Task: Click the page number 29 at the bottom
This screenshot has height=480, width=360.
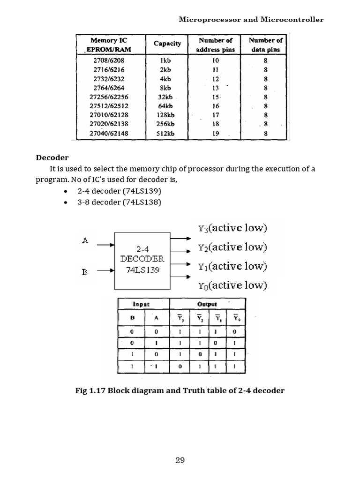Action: [180, 460]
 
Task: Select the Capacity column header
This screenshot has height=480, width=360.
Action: [167, 44]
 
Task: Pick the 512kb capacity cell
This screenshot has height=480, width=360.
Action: [165, 133]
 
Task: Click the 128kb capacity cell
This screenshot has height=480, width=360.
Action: [165, 115]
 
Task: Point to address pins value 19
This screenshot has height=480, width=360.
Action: [216, 133]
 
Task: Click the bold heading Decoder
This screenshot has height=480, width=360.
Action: [53, 157]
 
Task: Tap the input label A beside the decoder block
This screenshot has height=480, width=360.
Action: [85, 241]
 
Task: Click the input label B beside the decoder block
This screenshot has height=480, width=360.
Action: [85, 271]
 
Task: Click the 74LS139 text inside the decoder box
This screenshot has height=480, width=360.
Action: [142, 270]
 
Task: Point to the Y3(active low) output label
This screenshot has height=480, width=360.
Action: [232, 228]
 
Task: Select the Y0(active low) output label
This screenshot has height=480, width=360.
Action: [232, 285]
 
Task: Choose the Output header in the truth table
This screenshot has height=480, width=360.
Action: [207, 304]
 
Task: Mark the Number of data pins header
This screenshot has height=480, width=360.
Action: [265, 45]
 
